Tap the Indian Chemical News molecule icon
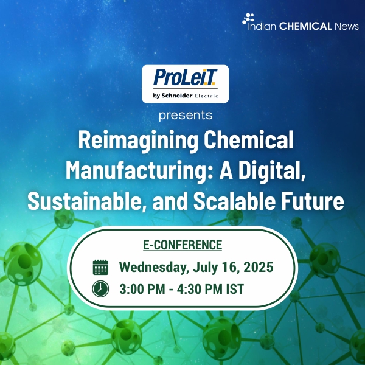(x=248, y=19)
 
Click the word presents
(x=185, y=114)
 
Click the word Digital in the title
(x=271, y=171)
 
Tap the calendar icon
(x=100, y=267)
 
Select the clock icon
(x=100, y=288)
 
